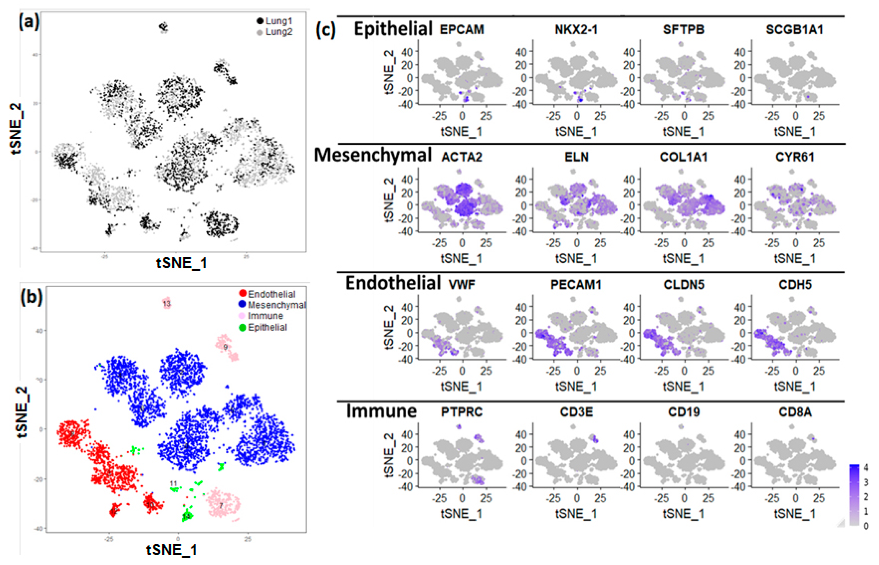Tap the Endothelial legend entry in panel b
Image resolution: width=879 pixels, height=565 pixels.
(271, 294)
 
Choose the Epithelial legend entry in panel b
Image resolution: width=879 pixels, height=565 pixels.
(267, 327)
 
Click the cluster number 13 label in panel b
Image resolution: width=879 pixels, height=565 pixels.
(167, 304)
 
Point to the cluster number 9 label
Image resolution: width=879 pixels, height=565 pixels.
(225, 347)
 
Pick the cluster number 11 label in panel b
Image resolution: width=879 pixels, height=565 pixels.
(173, 484)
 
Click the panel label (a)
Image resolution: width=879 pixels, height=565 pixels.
(29, 23)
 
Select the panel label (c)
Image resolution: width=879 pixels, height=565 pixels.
(326, 30)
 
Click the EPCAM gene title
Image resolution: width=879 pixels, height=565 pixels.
(461, 30)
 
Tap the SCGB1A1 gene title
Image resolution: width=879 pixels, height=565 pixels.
(794, 30)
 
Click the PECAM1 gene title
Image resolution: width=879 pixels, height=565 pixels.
(576, 285)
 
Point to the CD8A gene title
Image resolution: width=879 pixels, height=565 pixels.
(795, 412)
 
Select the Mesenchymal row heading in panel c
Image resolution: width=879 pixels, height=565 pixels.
(373, 155)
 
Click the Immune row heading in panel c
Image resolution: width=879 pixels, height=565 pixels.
(381, 411)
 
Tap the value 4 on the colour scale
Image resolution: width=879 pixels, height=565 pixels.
(865, 467)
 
